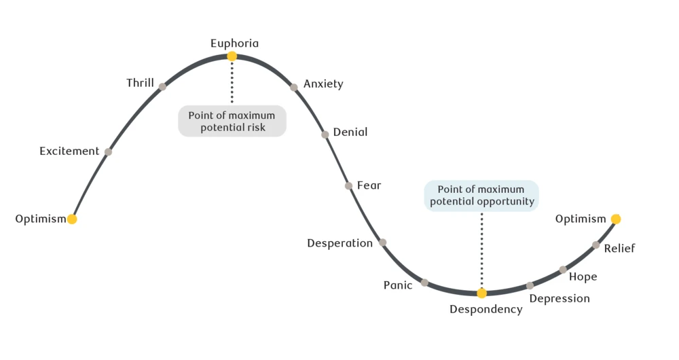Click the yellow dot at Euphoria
click(232, 56)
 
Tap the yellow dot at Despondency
click(481, 293)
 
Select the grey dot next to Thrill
click(162, 86)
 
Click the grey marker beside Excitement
click(108, 151)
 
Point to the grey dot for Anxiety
click(294, 87)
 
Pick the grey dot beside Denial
click(325, 134)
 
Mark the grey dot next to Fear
click(348, 185)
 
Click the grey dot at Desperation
click(382, 242)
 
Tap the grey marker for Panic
click(424, 283)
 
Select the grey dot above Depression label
click(530, 285)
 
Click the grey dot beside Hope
click(563, 270)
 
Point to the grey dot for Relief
click(595, 245)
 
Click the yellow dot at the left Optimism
click(72, 219)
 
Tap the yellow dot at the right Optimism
click(615, 219)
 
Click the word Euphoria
click(234, 43)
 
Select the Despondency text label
click(486, 310)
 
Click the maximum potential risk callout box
click(232, 121)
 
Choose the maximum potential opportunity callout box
click(481, 196)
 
